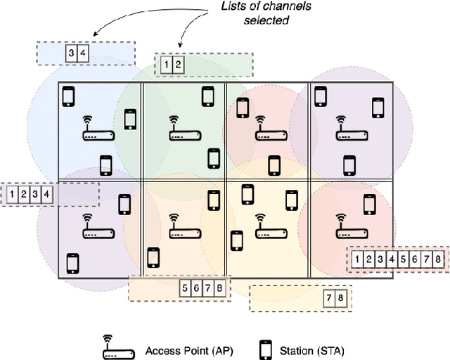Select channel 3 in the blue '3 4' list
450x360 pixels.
[x=71, y=53]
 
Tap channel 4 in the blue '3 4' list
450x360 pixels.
[x=83, y=53]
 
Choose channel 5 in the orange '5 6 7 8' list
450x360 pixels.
[x=185, y=288]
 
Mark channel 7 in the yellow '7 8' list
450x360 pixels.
[x=329, y=298]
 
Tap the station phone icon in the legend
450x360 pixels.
[x=266, y=349]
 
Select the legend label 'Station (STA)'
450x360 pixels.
[x=313, y=349]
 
